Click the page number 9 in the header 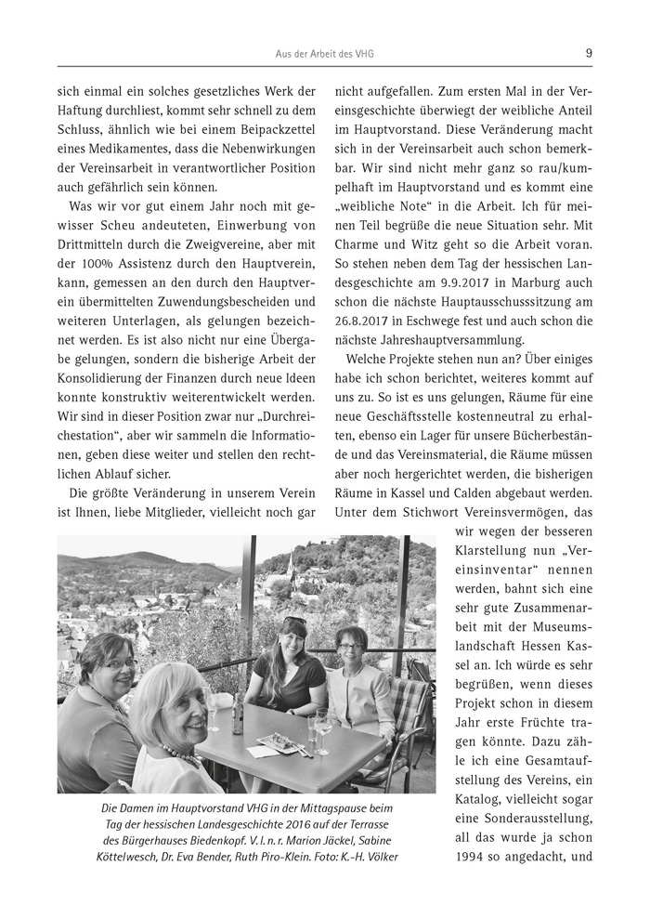pyautogui.click(x=589, y=54)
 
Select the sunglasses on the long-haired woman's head pyautogui.click(x=293, y=622)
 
